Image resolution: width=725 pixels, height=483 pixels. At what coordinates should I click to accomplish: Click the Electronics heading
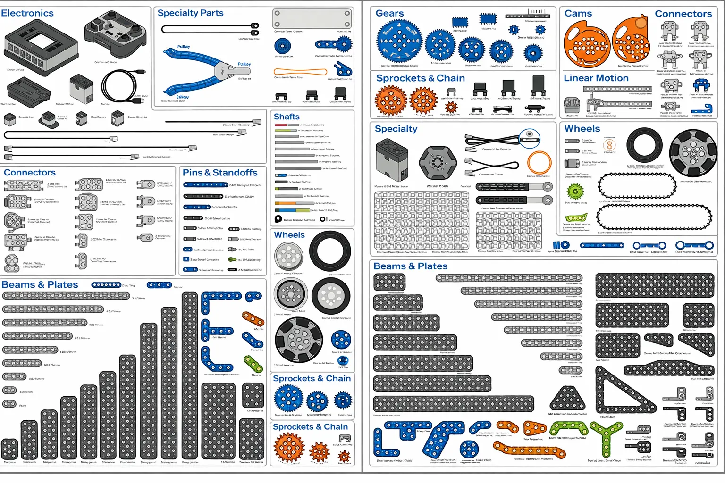[x=27, y=13]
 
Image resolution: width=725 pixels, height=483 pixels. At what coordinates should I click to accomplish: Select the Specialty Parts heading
[x=190, y=13]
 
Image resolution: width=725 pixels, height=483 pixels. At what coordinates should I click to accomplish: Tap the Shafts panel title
[x=287, y=117]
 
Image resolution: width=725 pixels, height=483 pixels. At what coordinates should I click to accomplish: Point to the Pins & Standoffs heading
[x=220, y=173]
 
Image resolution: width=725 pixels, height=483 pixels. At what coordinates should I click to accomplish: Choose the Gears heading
[x=389, y=13]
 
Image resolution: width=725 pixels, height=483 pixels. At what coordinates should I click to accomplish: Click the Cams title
[x=578, y=13]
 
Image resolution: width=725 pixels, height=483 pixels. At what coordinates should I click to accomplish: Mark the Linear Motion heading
[x=596, y=78]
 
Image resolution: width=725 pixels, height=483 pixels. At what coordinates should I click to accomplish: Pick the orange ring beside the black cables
[x=539, y=163]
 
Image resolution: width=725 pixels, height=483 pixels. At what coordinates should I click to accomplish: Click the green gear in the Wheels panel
[x=575, y=192]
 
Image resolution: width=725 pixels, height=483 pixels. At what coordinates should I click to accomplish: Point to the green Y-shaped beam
[x=606, y=436]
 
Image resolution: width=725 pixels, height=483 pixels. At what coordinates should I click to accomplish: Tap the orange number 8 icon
[x=609, y=145]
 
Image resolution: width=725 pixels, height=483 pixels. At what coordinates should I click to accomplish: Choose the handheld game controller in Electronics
[x=116, y=33]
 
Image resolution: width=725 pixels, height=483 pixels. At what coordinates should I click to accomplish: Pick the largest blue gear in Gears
[x=399, y=42]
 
